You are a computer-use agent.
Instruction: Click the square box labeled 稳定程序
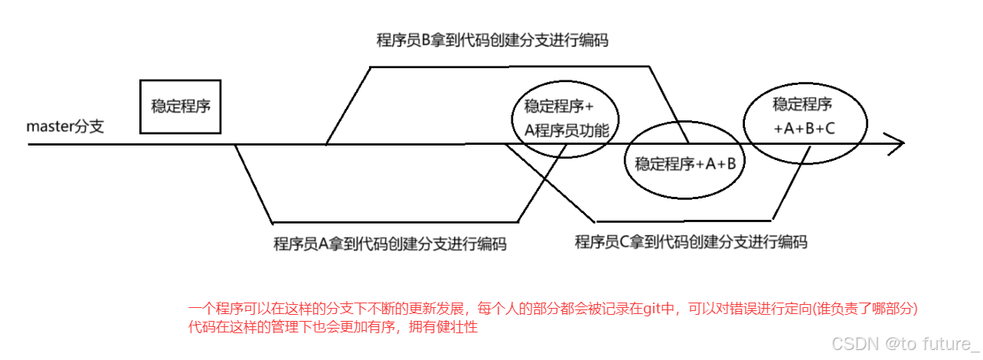coord(181,106)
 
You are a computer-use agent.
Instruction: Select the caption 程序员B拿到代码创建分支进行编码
coord(492,41)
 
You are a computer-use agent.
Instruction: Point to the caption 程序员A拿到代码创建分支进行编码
coord(390,244)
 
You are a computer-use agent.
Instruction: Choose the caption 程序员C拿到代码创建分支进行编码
coord(691,243)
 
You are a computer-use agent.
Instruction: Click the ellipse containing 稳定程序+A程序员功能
coord(566,118)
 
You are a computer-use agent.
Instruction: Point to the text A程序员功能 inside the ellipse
coord(567,131)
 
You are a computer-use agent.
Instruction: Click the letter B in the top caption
coord(428,41)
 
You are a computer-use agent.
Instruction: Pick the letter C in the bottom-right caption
coord(623,243)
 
